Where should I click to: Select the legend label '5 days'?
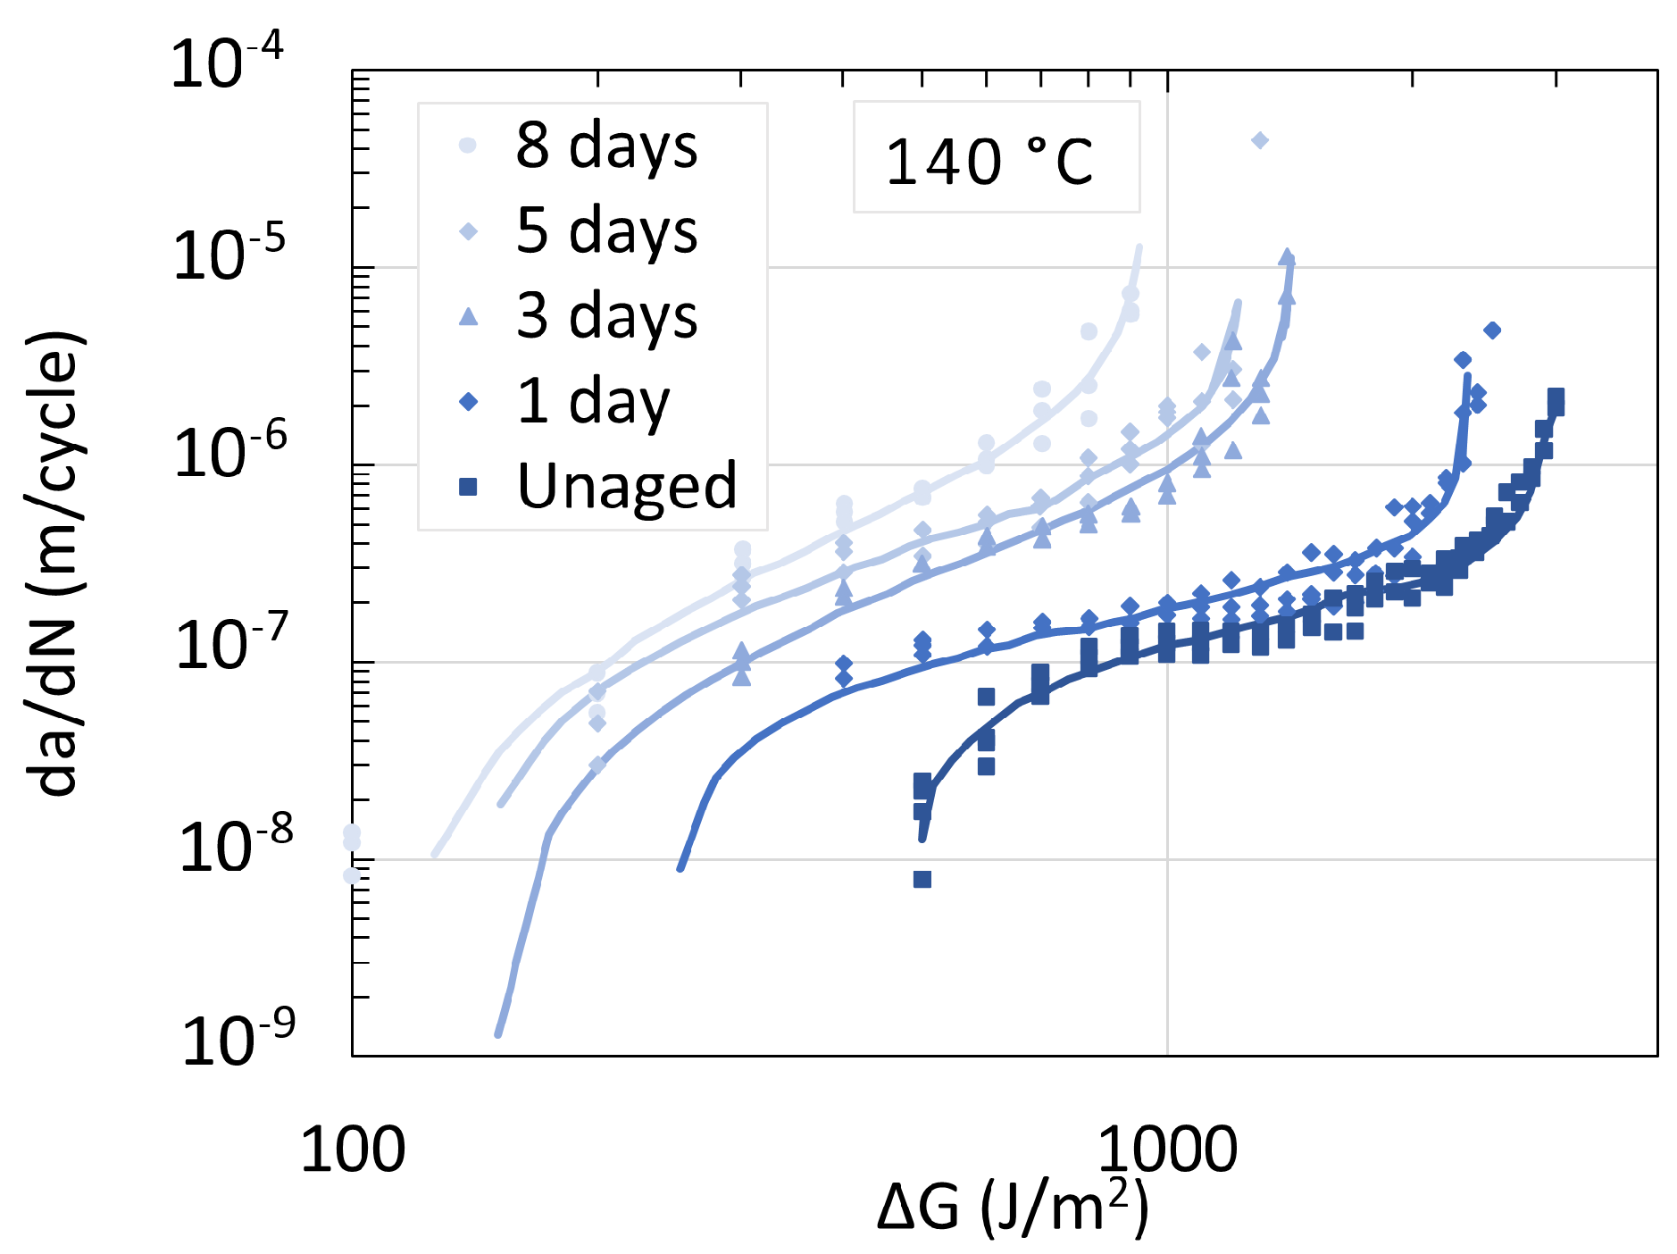(x=606, y=230)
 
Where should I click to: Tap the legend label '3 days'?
(x=606, y=316)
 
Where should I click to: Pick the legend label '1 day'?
(x=593, y=402)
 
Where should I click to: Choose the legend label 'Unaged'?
(x=627, y=487)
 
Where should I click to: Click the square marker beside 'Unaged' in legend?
(x=468, y=487)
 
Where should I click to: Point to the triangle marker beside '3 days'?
(x=468, y=316)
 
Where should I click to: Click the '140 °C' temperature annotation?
(x=989, y=163)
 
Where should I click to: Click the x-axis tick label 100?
(x=353, y=1150)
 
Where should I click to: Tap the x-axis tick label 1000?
(x=1167, y=1150)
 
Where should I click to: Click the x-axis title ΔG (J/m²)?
(x=1012, y=1208)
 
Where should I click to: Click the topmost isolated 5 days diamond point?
(x=1260, y=140)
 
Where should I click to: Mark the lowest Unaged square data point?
(x=922, y=880)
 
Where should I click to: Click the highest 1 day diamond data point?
(x=1492, y=330)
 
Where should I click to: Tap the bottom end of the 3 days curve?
(x=498, y=1034)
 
